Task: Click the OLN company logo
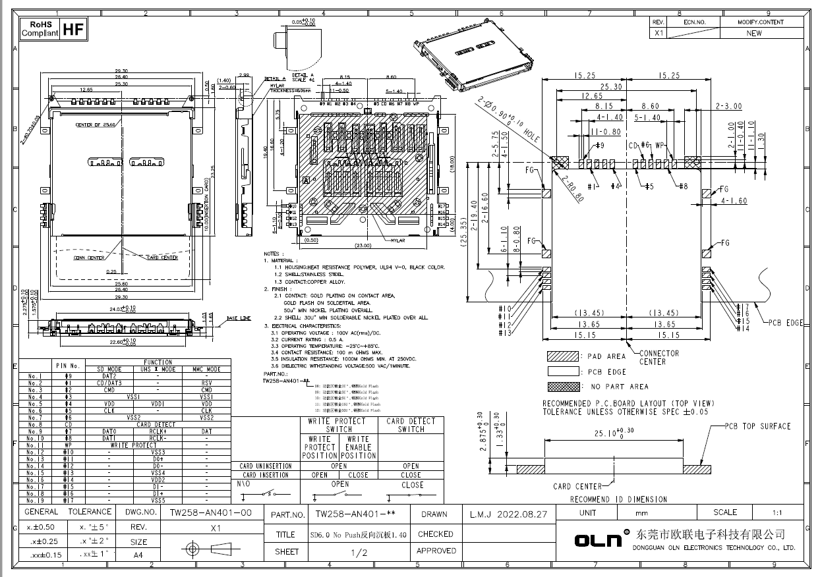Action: coord(599,540)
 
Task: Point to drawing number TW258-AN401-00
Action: coord(210,512)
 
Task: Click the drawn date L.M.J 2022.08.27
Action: coord(508,514)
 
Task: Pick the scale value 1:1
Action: coord(778,512)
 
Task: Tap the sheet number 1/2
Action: coord(360,553)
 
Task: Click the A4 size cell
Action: coord(138,555)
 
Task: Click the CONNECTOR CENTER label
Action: coord(659,358)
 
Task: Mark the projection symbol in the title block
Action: coord(210,548)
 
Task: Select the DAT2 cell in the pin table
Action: coord(109,376)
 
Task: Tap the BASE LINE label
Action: coord(239,318)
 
